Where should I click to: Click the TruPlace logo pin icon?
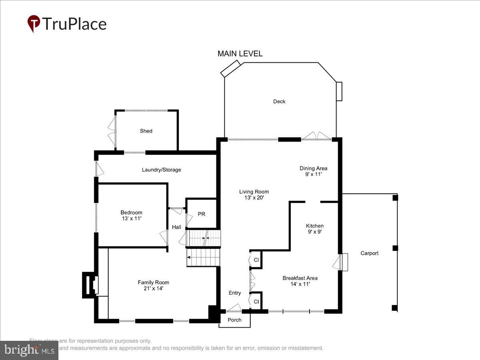click(34, 24)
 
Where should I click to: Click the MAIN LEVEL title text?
click(240, 54)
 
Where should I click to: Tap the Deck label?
click(279, 102)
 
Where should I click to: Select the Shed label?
click(146, 131)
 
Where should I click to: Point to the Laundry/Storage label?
click(161, 170)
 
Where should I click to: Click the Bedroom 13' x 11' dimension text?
click(131, 218)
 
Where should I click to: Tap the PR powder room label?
click(202, 214)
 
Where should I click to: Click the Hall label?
click(176, 227)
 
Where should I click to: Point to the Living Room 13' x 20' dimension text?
click(254, 197)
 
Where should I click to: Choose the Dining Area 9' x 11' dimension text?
click(313, 174)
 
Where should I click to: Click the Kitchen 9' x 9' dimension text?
click(314, 231)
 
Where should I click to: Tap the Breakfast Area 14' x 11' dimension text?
click(300, 284)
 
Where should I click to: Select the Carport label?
click(369, 253)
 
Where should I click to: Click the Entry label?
click(235, 293)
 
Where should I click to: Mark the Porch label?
click(234, 320)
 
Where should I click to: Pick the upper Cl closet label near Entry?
click(256, 260)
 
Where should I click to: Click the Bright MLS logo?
click(29, 350)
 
